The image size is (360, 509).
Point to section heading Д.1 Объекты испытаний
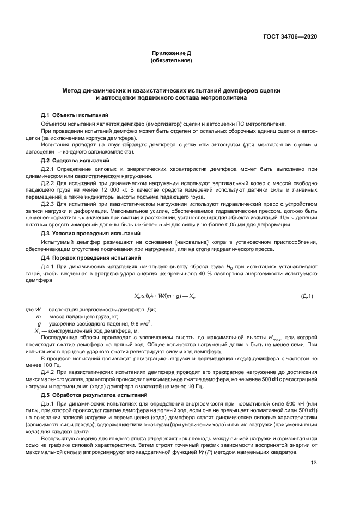(x=75, y=115)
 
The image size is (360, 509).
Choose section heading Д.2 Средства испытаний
(x=76, y=162)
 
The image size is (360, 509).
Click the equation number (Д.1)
(x=307, y=296)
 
